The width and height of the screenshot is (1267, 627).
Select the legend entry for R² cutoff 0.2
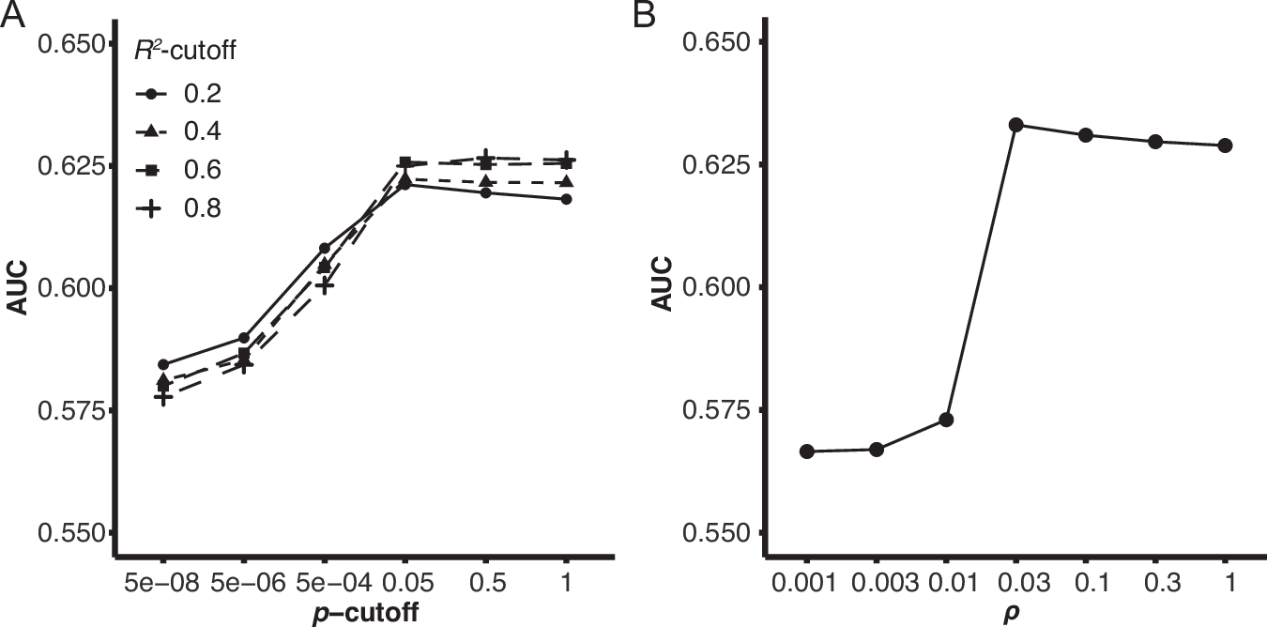[x=178, y=94]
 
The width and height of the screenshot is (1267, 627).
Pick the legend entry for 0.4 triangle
[x=178, y=131]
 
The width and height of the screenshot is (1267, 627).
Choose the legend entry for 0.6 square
[x=178, y=169]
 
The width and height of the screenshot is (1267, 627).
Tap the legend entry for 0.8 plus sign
[x=178, y=207]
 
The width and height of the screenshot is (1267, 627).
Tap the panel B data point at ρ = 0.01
[x=946, y=420]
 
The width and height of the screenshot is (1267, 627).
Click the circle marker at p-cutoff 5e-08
[x=162, y=364]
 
